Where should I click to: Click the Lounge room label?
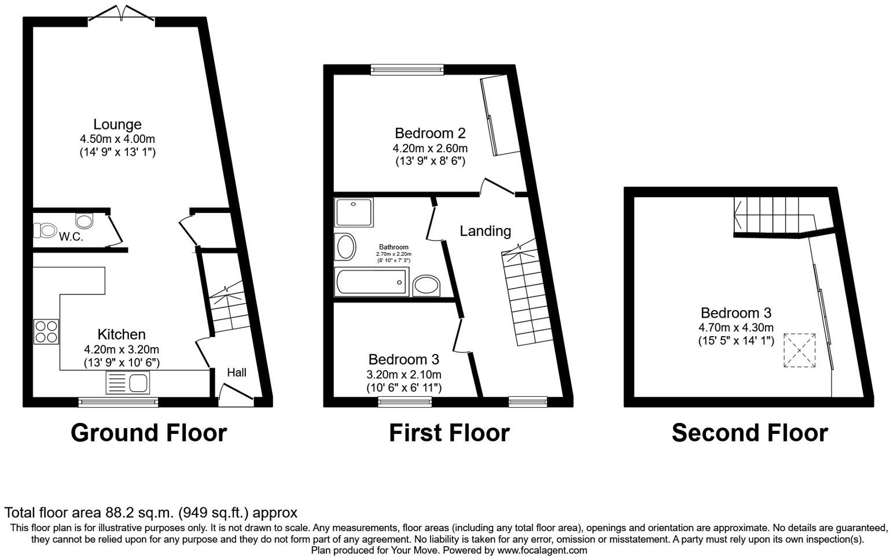point(117,124)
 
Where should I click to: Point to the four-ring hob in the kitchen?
point(46,331)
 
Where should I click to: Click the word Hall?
point(236,373)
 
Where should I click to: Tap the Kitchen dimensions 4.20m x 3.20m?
point(122,349)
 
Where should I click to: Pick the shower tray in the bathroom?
point(354,212)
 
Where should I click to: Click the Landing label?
point(485,231)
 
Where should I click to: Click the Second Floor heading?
point(749,433)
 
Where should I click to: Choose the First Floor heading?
point(449,433)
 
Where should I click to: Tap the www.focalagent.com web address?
point(542,550)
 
